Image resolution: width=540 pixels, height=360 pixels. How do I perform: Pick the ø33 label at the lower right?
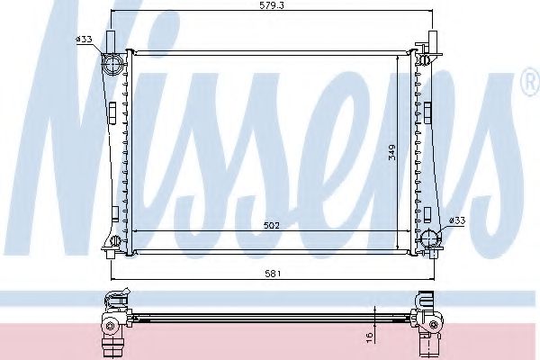pos(456,220)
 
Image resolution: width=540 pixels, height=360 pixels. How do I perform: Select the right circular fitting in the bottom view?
pos(429,325)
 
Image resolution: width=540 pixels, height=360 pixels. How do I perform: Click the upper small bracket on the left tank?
pos(112,112)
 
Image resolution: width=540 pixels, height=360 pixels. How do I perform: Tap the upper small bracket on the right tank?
pos(427,112)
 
